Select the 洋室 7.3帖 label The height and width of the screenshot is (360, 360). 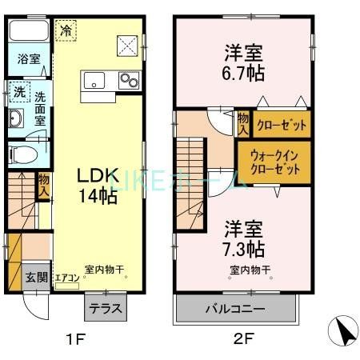click(x=242, y=238)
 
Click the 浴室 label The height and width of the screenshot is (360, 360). click(x=28, y=59)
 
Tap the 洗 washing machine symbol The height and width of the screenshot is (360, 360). click(x=18, y=93)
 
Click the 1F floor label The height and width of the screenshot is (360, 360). click(x=75, y=339)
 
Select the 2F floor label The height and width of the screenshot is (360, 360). click(x=243, y=339)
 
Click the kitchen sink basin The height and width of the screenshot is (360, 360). click(x=92, y=80)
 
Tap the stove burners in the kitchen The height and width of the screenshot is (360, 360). click(x=127, y=80)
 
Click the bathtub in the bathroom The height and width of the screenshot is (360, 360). click(x=29, y=31)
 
